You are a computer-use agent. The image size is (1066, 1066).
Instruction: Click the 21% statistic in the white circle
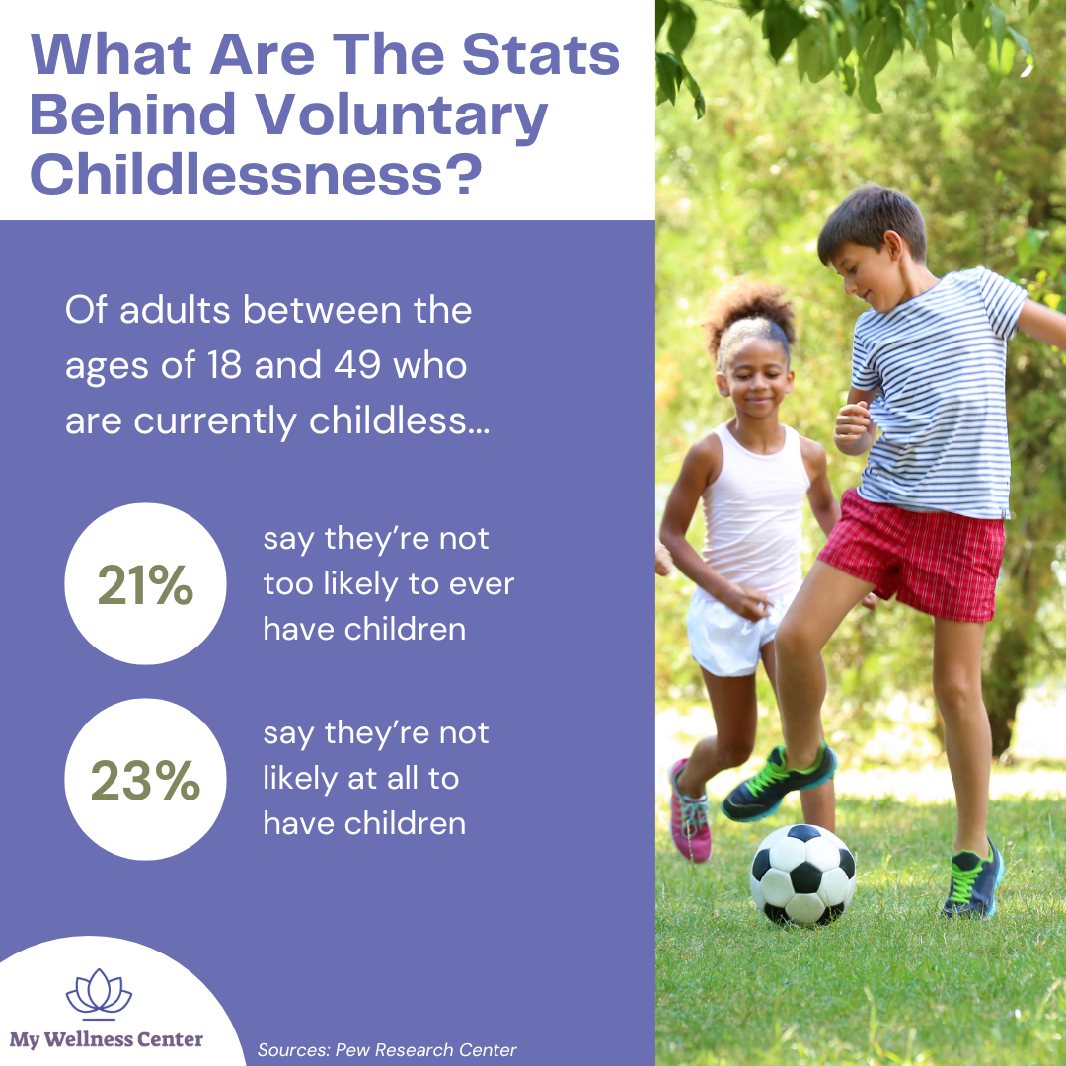tap(145, 586)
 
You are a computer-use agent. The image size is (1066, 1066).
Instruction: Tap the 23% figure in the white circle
tap(145, 781)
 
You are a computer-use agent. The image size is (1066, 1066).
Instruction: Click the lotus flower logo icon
tap(99, 995)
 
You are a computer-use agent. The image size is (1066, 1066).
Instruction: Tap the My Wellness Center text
tap(107, 1039)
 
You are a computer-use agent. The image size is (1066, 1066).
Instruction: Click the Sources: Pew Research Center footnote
tap(387, 1050)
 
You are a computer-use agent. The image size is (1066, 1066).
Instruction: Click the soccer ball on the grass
tap(802, 874)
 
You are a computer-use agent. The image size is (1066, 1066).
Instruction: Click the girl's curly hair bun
tap(749, 303)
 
